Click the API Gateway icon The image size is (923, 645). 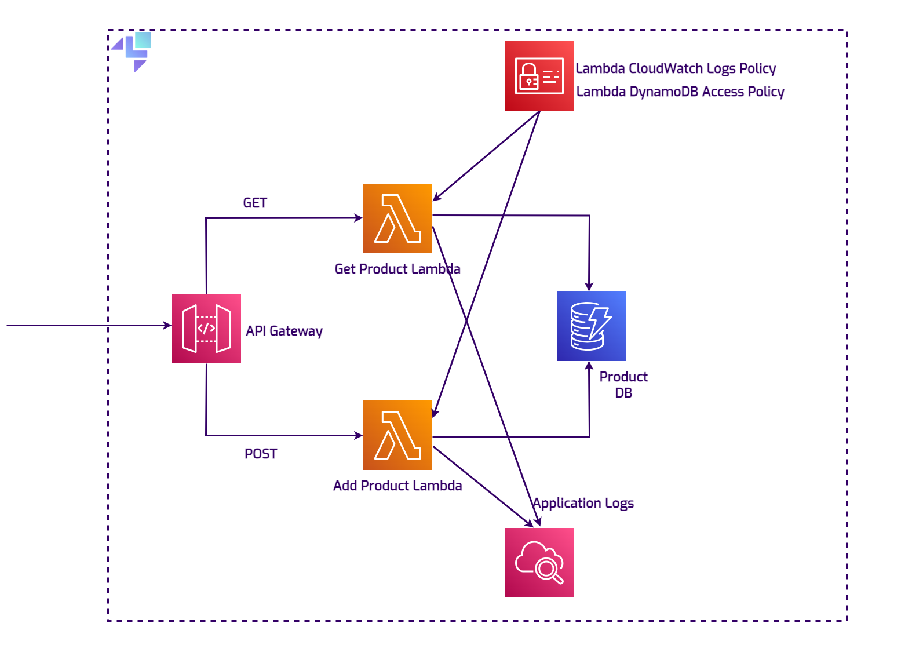[x=206, y=329]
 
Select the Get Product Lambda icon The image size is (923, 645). [x=397, y=218]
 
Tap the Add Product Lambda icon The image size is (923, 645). [x=397, y=435]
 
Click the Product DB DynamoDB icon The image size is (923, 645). [x=592, y=326]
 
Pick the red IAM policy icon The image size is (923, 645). [x=539, y=76]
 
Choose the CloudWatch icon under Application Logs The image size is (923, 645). [x=539, y=563]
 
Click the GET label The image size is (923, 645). [x=255, y=203]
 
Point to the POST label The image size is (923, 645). [x=261, y=454]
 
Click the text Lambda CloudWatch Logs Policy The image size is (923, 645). [x=676, y=68]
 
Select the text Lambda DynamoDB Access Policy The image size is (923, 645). [x=680, y=92]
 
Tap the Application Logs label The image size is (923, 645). [x=583, y=503]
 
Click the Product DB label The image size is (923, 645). [x=623, y=385]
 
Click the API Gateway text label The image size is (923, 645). [x=284, y=331]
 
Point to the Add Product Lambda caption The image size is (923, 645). [x=397, y=486]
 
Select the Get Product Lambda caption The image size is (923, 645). [x=397, y=269]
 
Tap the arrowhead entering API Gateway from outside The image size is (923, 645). [x=167, y=326]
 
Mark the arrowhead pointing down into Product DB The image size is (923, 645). [x=589, y=287]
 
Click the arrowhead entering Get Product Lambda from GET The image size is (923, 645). [x=359, y=218]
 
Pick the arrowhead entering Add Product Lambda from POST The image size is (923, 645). [x=359, y=435]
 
